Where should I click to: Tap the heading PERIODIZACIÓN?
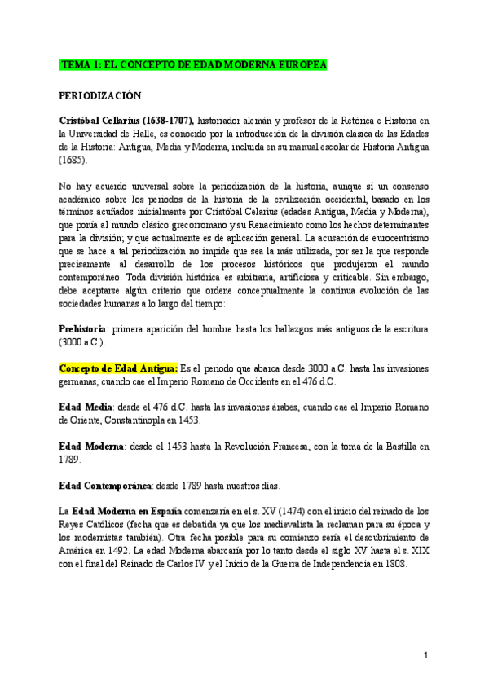(100, 95)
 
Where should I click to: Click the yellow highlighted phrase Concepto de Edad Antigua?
(117, 368)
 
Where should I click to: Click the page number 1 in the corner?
(426, 656)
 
